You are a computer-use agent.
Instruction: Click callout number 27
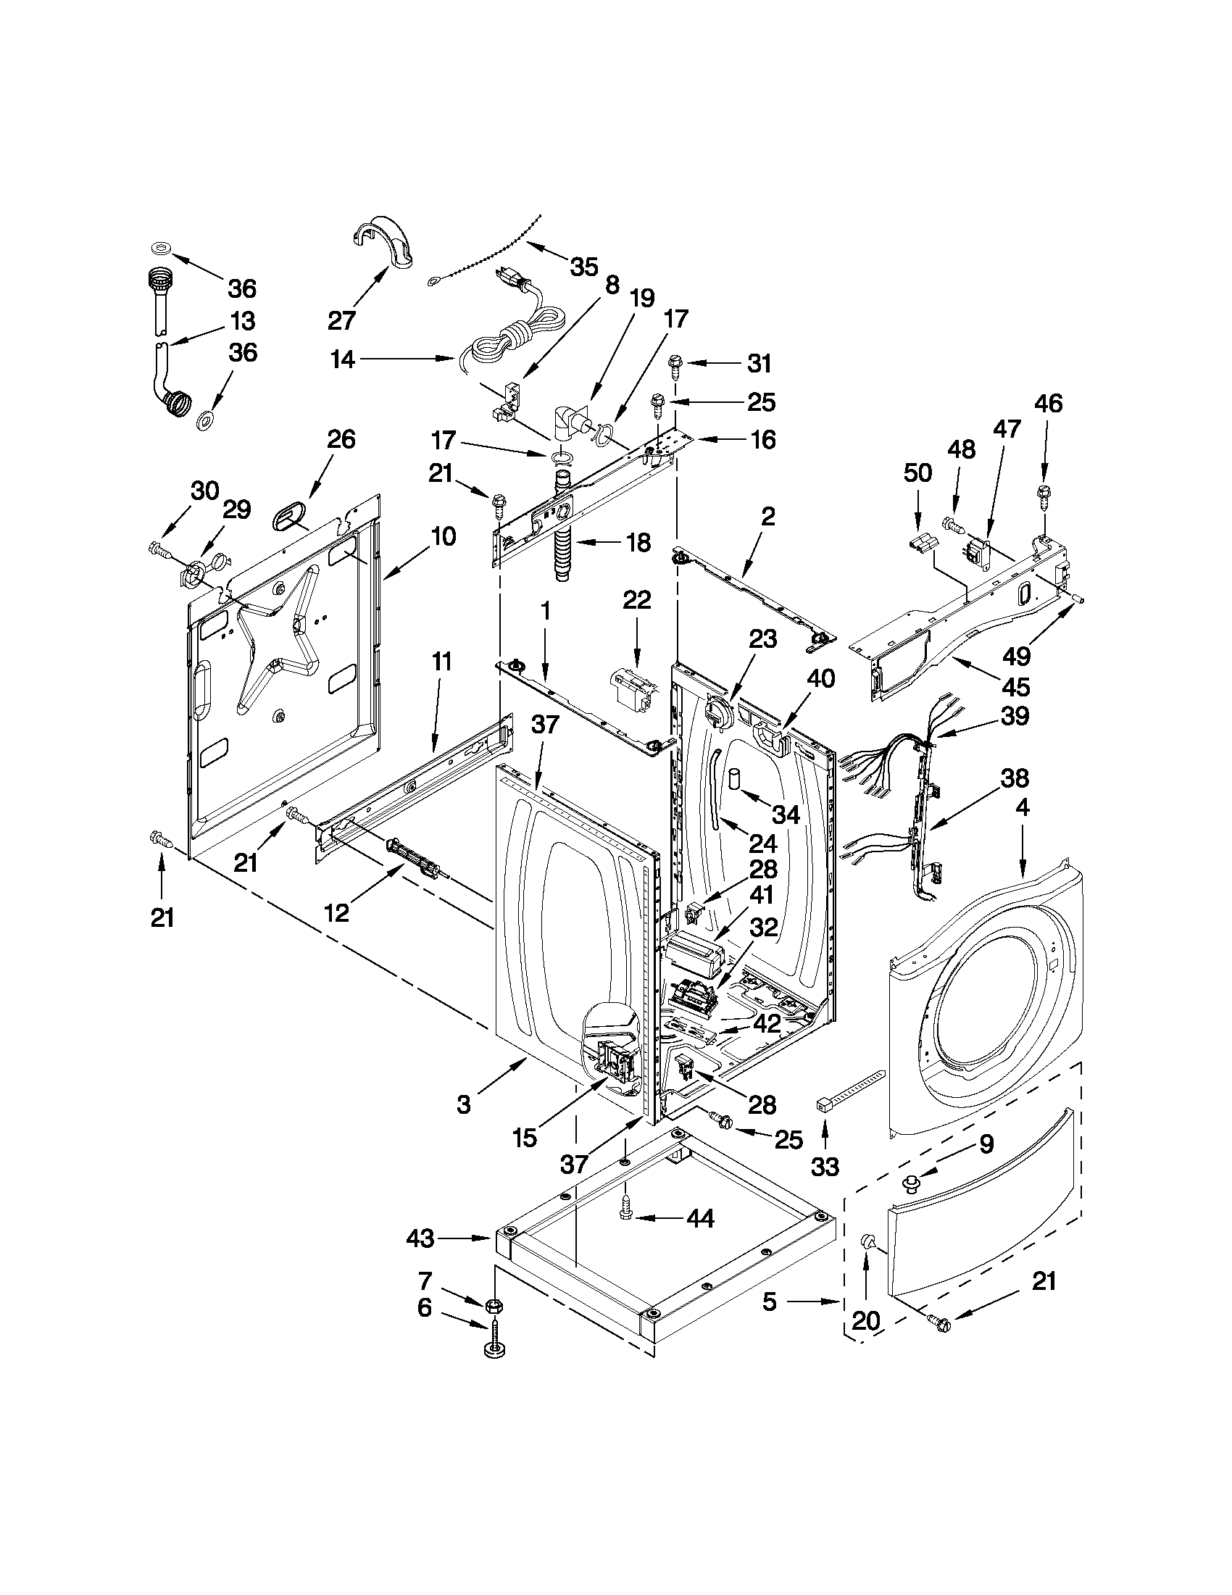[x=342, y=320]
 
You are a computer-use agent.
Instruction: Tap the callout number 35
[x=583, y=267]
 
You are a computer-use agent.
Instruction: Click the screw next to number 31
[x=675, y=368]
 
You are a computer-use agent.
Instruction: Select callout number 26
[x=341, y=440]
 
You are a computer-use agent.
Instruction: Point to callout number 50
[x=917, y=473]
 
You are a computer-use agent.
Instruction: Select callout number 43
[x=420, y=1238]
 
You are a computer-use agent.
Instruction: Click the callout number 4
[x=1022, y=808]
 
